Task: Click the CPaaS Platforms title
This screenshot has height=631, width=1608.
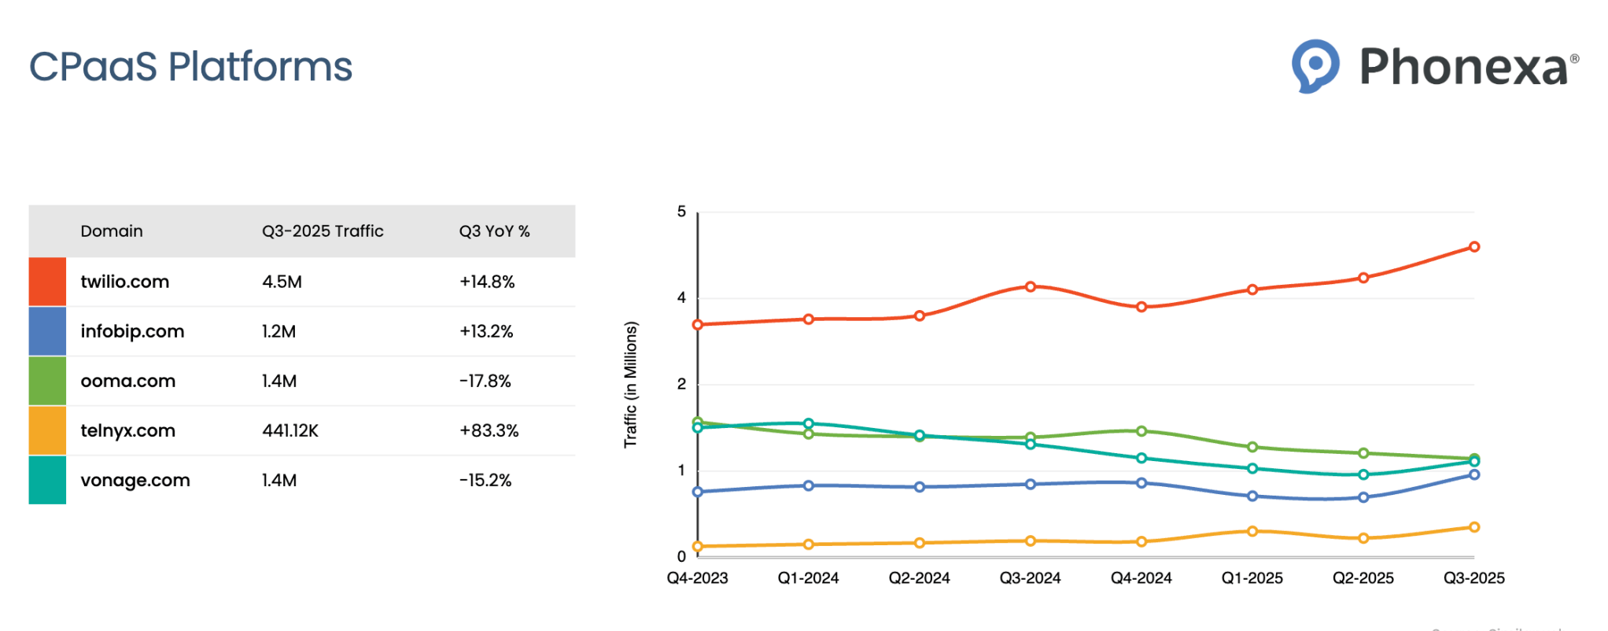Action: pyautogui.click(x=190, y=67)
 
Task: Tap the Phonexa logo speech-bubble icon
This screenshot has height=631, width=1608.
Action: pyautogui.click(x=1315, y=65)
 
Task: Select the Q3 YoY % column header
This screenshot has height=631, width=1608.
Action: pyautogui.click(x=494, y=231)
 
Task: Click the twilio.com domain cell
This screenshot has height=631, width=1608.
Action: pyautogui.click(x=124, y=282)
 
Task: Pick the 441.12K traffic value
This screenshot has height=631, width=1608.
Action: pyautogui.click(x=290, y=430)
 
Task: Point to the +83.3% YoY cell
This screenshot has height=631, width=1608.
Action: pyautogui.click(x=489, y=430)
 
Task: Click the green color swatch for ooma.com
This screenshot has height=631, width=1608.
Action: pyautogui.click(x=47, y=381)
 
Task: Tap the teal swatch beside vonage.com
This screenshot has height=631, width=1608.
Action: pyautogui.click(x=47, y=480)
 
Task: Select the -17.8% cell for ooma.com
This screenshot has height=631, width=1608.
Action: pyautogui.click(x=485, y=381)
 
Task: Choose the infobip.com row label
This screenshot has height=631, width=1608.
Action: pyautogui.click(x=132, y=331)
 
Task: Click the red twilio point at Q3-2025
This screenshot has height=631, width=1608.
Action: pyautogui.click(x=1474, y=247)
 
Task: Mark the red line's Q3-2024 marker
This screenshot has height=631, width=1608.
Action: pyautogui.click(x=1031, y=286)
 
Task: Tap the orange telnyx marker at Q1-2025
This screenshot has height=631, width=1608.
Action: pyautogui.click(x=1252, y=531)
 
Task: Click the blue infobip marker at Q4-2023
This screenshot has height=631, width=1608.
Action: pyautogui.click(x=698, y=492)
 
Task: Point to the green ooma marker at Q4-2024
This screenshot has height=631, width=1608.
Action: pyautogui.click(x=1141, y=431)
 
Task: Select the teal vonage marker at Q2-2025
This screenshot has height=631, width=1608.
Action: pyautogui.click(x=1363, y=474)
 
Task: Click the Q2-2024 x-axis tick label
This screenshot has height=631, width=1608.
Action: pyautogui.click(x=919, y=578)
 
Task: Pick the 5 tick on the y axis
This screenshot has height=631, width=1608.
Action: pyautogui.click(x=681, y=212)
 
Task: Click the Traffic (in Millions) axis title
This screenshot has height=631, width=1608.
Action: pyautogui.click(x=630, y=384)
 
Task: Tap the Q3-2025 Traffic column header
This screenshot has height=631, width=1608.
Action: pyautogui.click(x=323, y=231)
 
